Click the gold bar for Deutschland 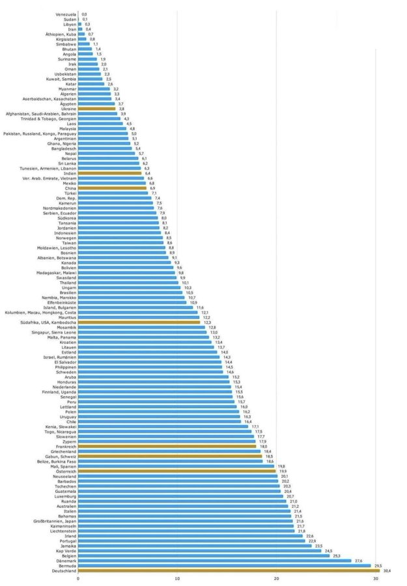tap(228, 570)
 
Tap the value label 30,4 tap(387, 570)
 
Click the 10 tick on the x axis tap(177, 578)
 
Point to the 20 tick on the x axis tap(276, 578)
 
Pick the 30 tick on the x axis tap(375, 578)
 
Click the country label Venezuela tap(66, 14)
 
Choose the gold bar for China tap(112, 188)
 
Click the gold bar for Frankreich tap(167, 446)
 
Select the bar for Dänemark tap(215, 560)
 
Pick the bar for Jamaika tap(195, 546)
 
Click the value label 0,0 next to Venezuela tap(85, 14)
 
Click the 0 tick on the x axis tap(78, 578)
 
